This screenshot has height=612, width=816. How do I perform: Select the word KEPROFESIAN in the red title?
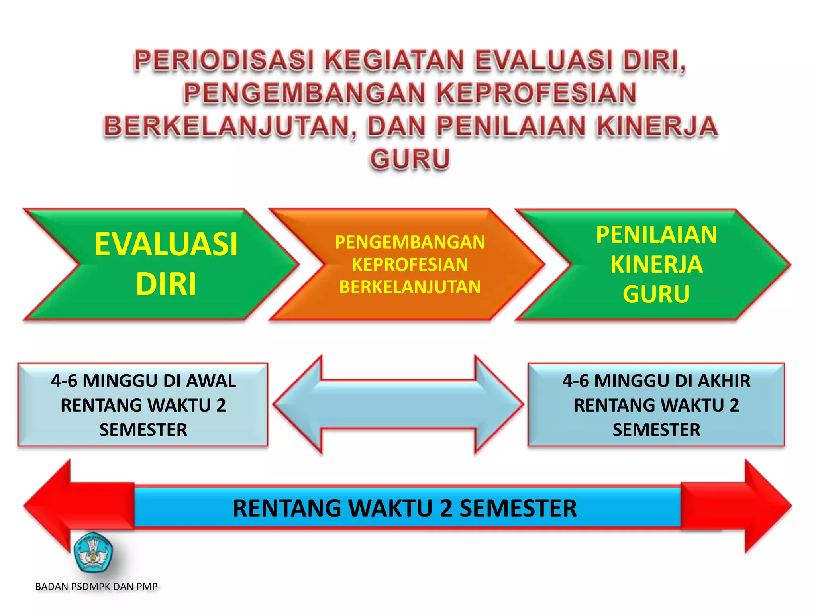pyautogui.click(x=536, y=94)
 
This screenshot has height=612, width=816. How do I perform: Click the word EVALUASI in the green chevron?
pyautogui.click(x=166, y=244)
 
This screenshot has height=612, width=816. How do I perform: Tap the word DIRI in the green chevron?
pyautogui.click(x=166, y=284)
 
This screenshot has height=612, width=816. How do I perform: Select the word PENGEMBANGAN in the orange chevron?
pyautogui.click(x=410, y=242)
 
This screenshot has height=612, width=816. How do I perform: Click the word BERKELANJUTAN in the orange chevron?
pyautogui.click(x=410, y=287)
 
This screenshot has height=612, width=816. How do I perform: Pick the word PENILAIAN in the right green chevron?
pyautogui.click(x=656, y=234)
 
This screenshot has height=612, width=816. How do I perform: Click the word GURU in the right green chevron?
pyautogui.click(x=656, y=294)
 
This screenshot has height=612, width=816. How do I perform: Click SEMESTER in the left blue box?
pyautogui.click(x=143, y=430)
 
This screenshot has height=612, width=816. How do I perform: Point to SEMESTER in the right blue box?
pyautogui.click(x=656, y=430)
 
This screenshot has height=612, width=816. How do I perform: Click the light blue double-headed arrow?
pyautogui.click(x=398, y=404)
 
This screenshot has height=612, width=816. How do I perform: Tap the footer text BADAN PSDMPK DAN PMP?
pyautogui.click(x=96, y=586)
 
